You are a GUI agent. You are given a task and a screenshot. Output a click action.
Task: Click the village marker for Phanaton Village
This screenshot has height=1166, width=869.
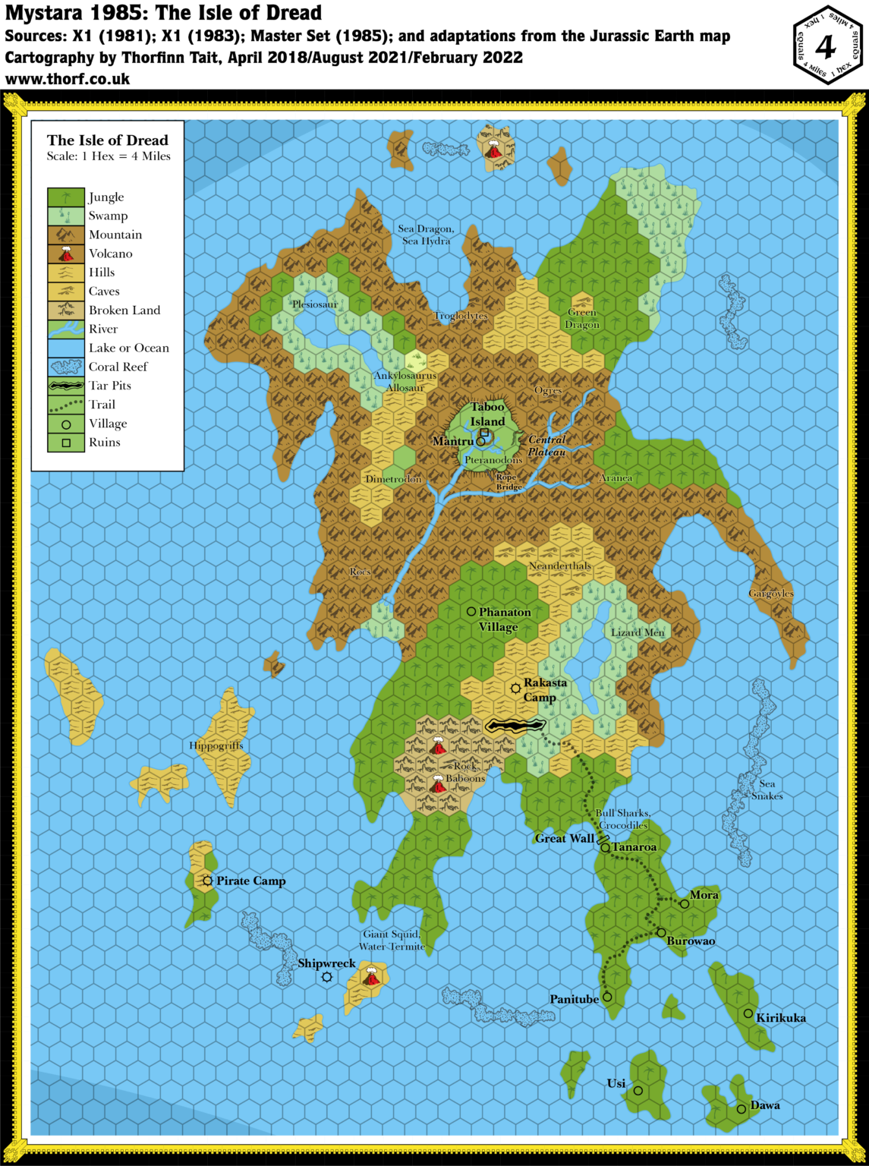pyautogui.click(x=471, y=611)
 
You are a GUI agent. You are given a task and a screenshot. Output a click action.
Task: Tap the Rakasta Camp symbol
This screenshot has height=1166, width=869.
pyautogui.click(x=515, y=689)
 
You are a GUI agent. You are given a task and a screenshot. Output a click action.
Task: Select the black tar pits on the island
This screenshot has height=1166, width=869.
pyautogui.click(x=515, y=726)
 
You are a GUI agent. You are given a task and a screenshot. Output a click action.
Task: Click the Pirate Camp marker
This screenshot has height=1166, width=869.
pyautogui.click(x=207, y=881)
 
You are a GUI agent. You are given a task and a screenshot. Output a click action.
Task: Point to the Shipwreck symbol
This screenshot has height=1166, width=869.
pyautogui.click(x=327, y=977)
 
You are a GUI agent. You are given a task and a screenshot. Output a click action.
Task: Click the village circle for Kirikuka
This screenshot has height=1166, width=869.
pyautogui.click(x=748, y=1013)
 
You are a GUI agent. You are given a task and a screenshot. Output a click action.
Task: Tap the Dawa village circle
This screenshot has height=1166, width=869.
pyautogui.click(x=741, y=1109)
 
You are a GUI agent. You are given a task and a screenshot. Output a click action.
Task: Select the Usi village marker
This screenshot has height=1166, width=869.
pyautogui.click(x=638, y=1091)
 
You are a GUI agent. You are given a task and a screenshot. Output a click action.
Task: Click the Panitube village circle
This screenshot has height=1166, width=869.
pyautogui.click(x=607, y=997)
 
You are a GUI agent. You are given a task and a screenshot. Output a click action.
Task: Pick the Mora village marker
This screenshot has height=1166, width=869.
pyautogui.click(x=685, y=904)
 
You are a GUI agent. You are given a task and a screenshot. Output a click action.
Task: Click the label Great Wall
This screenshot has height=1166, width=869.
pyautogui.click(x=564, y=838)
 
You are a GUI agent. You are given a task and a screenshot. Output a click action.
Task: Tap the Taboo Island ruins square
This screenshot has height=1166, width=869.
pyautogui.click(x=484, y=433)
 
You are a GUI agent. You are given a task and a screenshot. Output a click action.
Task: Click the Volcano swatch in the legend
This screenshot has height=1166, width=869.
pyautogui.click(x=66, y=254)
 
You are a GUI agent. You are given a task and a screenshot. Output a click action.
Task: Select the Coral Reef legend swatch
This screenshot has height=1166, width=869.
pyautogui.click(x=66, y=367)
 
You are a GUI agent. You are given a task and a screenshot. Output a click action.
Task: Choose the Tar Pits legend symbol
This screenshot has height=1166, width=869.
pyautogui.click(x=66, y=386)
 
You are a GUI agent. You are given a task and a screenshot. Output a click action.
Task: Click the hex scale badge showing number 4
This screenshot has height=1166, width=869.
pyautogui.click(x=826, y=46)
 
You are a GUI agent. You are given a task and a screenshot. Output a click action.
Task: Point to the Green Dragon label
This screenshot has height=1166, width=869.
pyautogui.click(x=582, y=318)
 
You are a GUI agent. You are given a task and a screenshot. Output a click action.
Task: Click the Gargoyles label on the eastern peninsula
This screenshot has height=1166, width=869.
pyautogui.click(x=771, y=594)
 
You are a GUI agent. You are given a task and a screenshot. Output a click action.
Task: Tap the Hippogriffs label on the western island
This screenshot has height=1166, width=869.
pyautogui.click(x=216, y=745)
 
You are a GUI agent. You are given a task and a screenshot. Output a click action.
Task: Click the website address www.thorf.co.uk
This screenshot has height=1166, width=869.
pyautogui.click(x=68, y=79)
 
